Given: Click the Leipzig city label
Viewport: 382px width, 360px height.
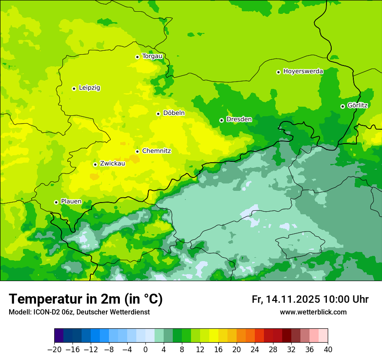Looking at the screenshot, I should (89, 88).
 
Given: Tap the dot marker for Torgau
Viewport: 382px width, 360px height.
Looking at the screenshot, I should (137, 56).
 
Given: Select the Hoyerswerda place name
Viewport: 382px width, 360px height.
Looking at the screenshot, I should (303, 72).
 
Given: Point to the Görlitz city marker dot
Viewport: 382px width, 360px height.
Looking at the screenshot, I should (342, 106).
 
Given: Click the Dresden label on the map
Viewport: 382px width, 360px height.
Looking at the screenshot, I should (239, 119).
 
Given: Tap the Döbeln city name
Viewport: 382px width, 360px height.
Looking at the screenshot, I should (174, 113).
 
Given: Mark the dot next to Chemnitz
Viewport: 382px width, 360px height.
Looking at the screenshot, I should (137, 151).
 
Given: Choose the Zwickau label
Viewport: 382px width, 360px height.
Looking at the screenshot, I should (112, 164).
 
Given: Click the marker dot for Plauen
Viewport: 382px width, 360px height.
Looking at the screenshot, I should (56, 202).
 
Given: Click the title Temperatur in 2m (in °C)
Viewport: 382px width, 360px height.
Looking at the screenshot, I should (86, 299).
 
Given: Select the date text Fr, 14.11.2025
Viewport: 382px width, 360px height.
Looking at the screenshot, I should (286, 299).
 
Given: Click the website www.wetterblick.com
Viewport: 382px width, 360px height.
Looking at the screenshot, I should (313, 312).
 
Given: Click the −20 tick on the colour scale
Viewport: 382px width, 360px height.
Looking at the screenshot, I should (54, 349).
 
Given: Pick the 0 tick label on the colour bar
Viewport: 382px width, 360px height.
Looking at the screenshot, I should (145, 349).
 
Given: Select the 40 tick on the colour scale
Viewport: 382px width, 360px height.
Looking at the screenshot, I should (328, 349).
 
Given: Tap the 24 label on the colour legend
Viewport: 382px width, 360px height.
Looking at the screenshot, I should (255, 349).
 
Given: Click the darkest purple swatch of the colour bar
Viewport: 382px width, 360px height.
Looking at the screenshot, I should (59, 336).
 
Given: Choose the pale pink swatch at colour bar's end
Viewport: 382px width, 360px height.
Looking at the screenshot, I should (323, 336).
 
